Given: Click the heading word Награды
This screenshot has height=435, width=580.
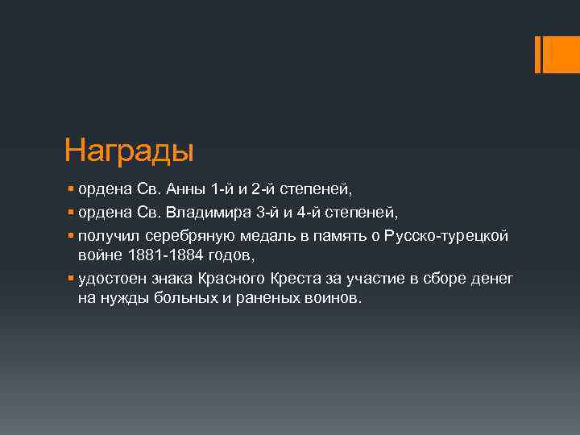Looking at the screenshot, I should pyautogui.click(x=130, y=151).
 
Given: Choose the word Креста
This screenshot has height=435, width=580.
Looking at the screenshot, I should pyautogui.click(x=301, y=278).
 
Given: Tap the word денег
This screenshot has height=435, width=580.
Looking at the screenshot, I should pyautogui.click(x=491, y=278).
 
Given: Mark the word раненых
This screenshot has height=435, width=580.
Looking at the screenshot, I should pyautogui.click(x=249, y=298).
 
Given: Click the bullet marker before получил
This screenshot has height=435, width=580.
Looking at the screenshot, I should pyautogui.click(x=72, y=235).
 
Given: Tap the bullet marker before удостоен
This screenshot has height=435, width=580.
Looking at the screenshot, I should pyautogui.click(x=72, y=278).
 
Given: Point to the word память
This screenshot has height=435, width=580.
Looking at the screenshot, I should pyautogui.click(x=344, y=235).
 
